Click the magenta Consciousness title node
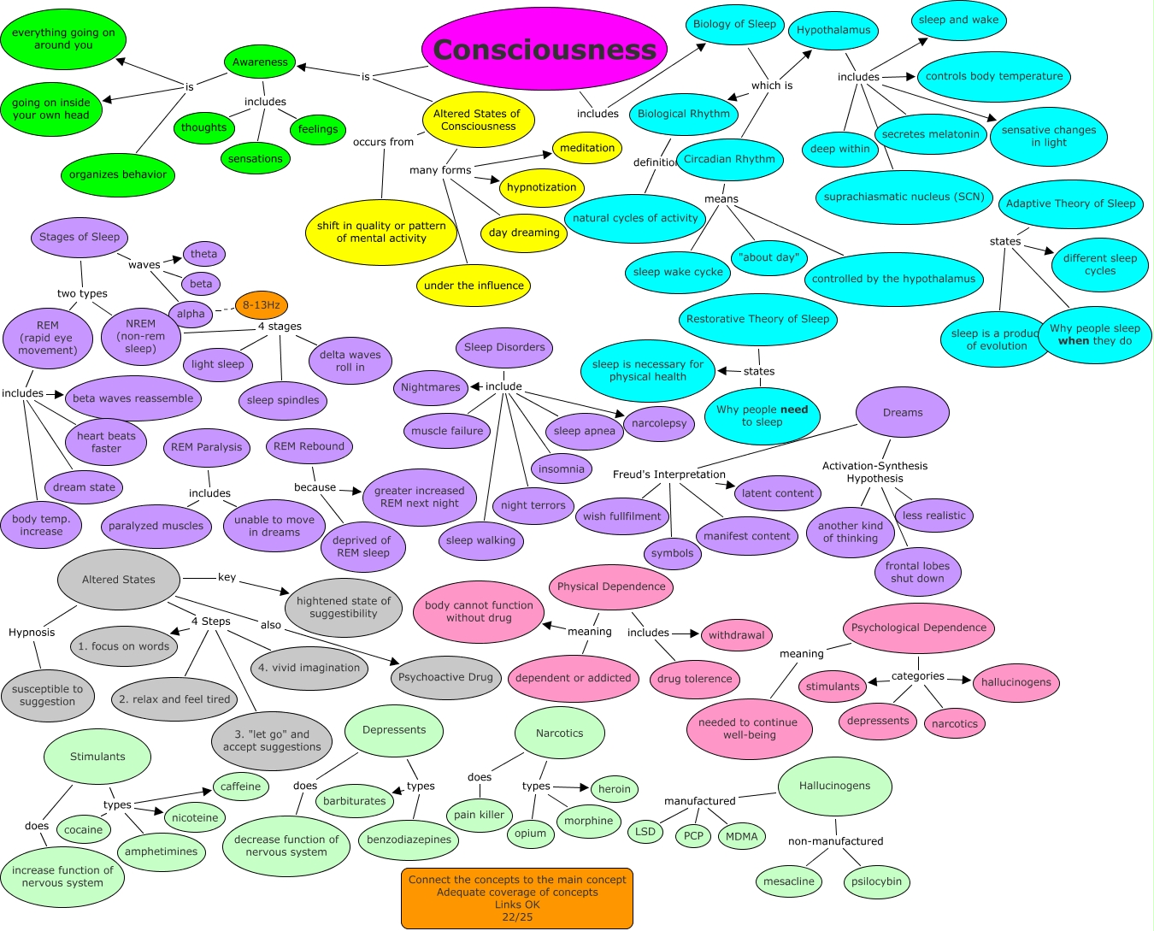click(545, 50)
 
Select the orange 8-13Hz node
click(261, 305)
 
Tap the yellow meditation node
click(587, 148)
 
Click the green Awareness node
click(260, 62)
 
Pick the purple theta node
click(203, 254)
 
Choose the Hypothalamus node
click(833, 31)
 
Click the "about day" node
click(769, 257)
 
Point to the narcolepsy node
click(659, 423)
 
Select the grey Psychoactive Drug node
click(445, 677)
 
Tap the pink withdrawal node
click(736, 635)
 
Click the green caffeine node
click(241, 787)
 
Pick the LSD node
click(645, 832)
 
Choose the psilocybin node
click(876, 881)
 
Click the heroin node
click(614, 789)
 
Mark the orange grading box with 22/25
click(517, 898)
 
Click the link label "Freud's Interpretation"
click(668, 474)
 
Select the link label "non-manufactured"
click(835, 841)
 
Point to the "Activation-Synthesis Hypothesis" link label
click(874, 472)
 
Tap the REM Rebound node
click(309, 446)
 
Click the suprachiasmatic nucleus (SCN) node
click(904, 197)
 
